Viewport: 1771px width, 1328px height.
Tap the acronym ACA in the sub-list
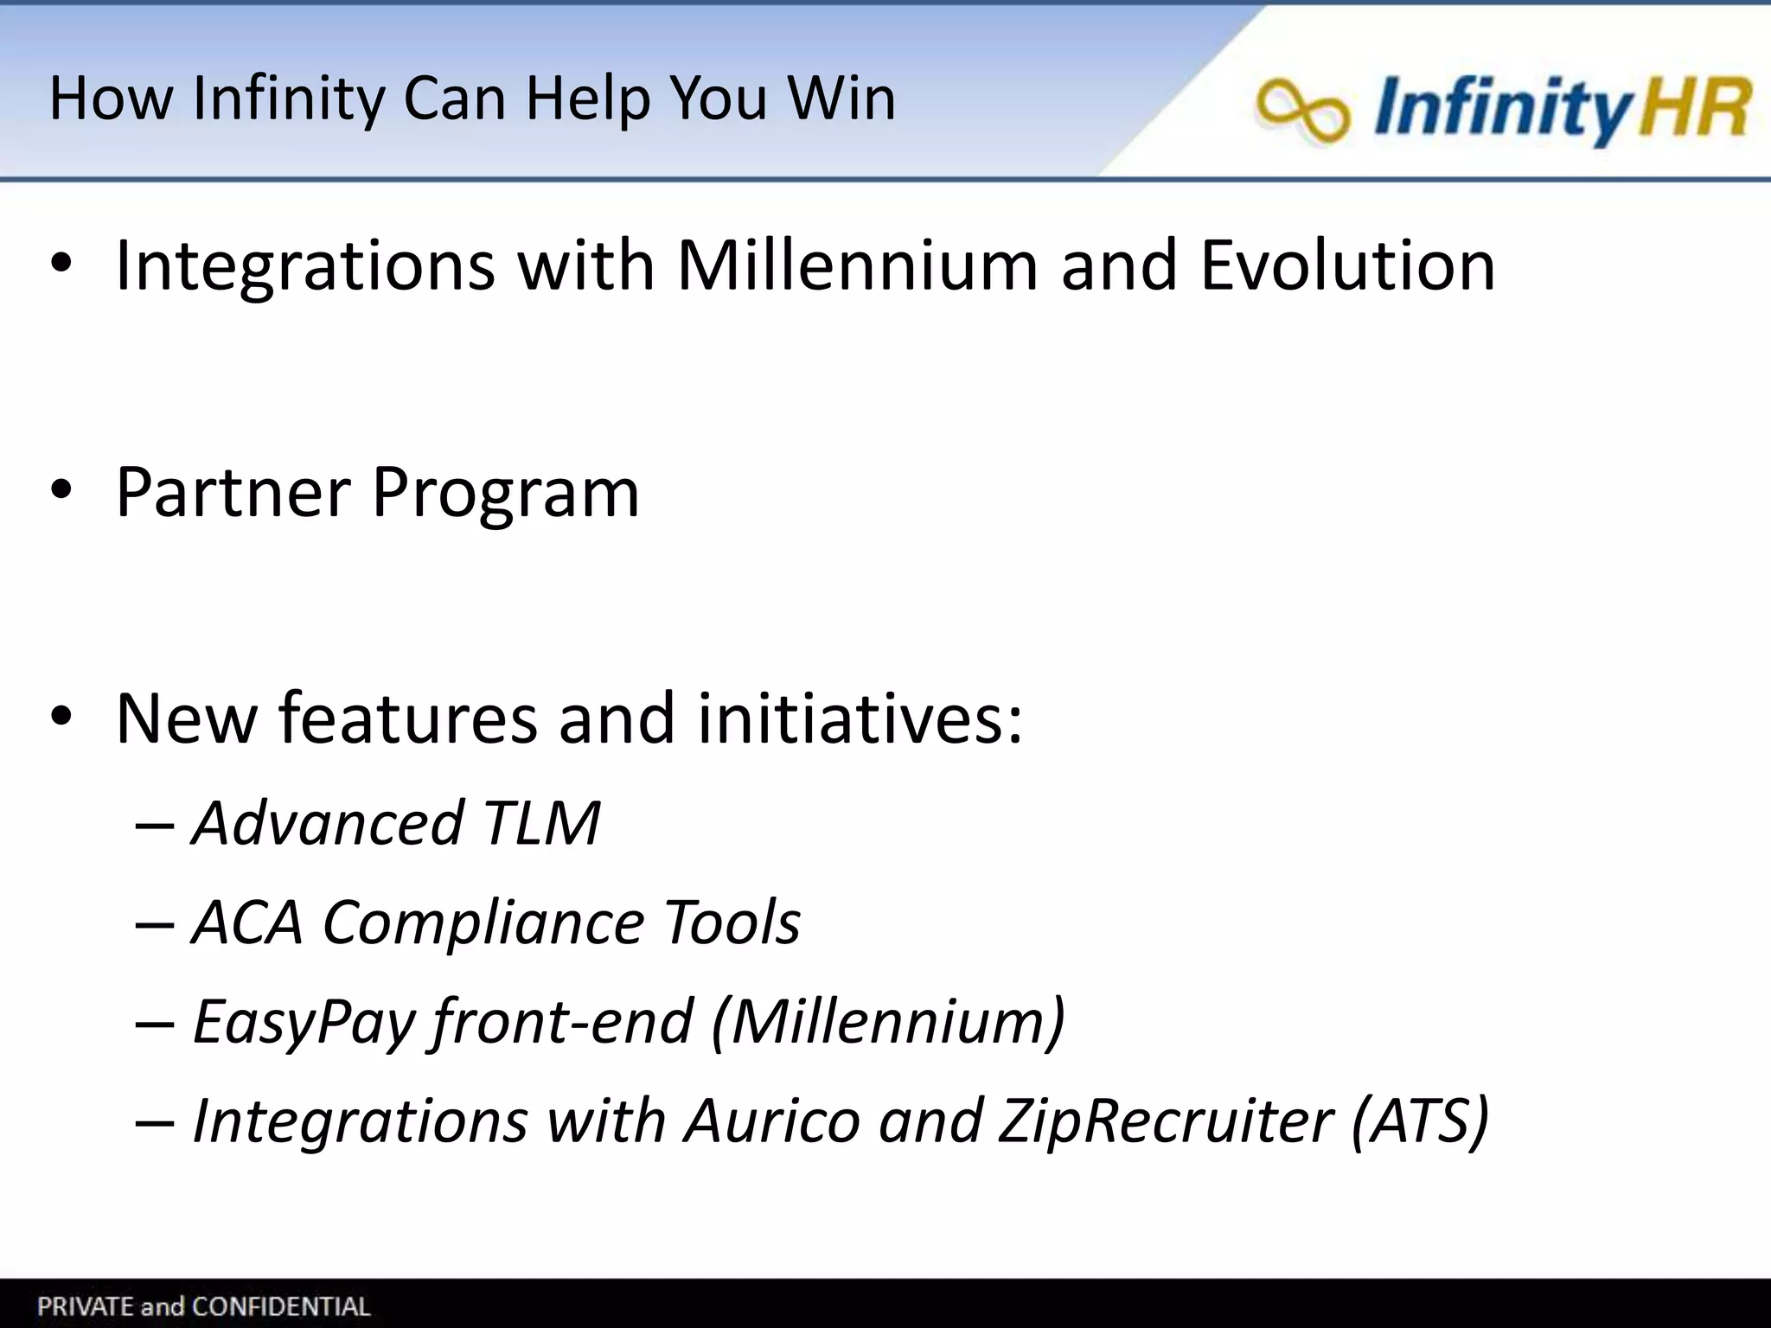point(247,922)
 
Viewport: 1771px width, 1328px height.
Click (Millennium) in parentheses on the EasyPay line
point(888,1022)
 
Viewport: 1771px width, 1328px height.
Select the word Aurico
point(772,1120)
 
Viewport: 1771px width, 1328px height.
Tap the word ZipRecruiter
point(1165,1121)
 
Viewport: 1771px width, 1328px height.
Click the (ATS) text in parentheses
point(1420,1120)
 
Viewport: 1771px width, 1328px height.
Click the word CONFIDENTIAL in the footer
point(280,1306)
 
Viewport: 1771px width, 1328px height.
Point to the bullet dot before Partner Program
point(61,492)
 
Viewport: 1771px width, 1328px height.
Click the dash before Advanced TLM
point(154,824)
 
